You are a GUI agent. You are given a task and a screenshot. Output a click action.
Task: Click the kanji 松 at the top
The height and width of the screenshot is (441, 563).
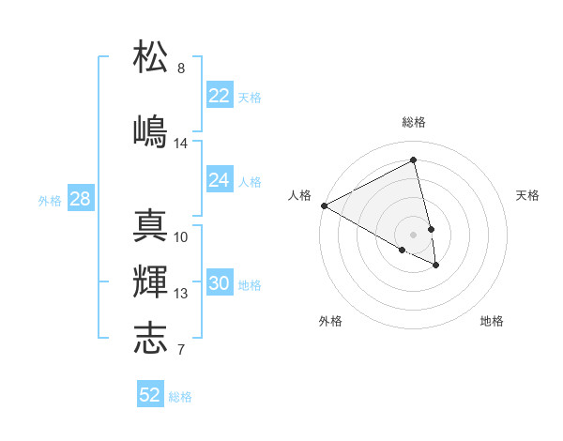[x=150, y=55]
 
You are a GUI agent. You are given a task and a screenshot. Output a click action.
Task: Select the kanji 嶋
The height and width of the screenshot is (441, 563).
[x=150, y=130]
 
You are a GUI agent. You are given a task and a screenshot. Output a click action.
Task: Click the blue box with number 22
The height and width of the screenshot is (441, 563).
[x=219, y=96]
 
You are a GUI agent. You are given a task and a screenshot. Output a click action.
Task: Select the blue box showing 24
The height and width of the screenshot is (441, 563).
[x=219, y=180]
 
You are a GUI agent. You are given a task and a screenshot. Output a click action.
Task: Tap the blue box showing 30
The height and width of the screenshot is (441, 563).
[x=219, y=283]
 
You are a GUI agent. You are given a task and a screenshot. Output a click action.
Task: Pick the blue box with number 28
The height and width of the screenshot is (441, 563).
[x=80, y=199]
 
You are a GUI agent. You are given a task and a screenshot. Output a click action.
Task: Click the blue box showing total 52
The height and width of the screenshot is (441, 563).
[x=150, y=395]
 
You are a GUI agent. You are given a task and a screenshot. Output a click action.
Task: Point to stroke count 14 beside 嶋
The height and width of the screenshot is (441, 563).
[x=181, y=144]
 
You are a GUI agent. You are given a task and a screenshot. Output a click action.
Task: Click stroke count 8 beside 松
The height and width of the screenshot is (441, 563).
[x=181, y=68]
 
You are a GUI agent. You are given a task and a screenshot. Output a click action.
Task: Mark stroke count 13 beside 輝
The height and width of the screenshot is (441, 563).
[x=181, y=294]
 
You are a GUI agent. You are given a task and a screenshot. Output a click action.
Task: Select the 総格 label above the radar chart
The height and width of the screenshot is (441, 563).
[x=414, y=122]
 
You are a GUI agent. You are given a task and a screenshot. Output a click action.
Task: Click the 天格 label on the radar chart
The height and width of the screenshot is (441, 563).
[x=527, y=195]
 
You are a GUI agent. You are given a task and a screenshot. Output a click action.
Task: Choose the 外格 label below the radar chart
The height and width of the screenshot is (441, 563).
[x=330, y=321]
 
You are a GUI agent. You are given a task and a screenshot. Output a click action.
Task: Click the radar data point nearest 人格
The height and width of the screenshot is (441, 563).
[x=324, y=205]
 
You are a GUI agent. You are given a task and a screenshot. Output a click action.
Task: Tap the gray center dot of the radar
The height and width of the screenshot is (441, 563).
[x=414, y=234]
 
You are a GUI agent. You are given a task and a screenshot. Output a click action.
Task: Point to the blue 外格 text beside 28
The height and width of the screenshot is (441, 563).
[x=50, y=200]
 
